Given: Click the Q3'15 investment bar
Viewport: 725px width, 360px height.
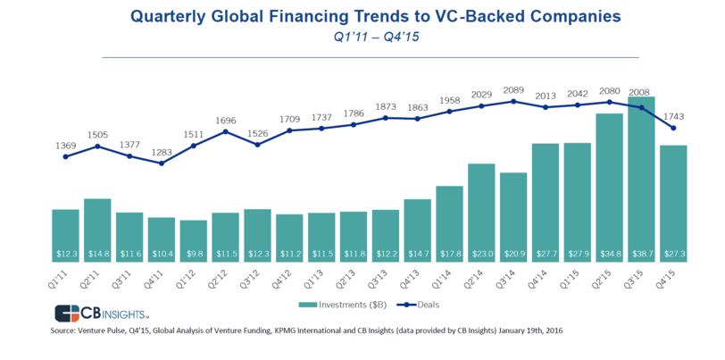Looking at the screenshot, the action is pos(641,180).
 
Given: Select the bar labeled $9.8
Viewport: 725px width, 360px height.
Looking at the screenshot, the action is pos(193,241).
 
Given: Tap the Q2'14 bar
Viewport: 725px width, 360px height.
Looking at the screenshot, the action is pos(481,213).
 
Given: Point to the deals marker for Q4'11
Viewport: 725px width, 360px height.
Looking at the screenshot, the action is pos(162,163).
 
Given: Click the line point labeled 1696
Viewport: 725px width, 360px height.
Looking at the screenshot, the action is pos(226,131).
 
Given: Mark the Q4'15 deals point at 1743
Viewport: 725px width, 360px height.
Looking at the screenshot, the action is pos(673,128).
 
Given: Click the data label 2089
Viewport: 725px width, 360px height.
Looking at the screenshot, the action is pos(513,90).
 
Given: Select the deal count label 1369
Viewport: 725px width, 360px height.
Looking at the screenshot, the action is pos(65,146).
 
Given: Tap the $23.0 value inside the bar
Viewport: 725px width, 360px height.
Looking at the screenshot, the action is pos(481,254).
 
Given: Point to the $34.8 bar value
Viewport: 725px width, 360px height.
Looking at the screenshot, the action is pos(609,254).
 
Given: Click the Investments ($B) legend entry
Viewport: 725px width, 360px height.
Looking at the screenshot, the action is pos(343,305).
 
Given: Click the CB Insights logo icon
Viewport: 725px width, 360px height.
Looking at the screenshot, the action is pos(68,314).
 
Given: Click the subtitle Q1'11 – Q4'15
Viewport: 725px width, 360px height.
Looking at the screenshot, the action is pos(377,37).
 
